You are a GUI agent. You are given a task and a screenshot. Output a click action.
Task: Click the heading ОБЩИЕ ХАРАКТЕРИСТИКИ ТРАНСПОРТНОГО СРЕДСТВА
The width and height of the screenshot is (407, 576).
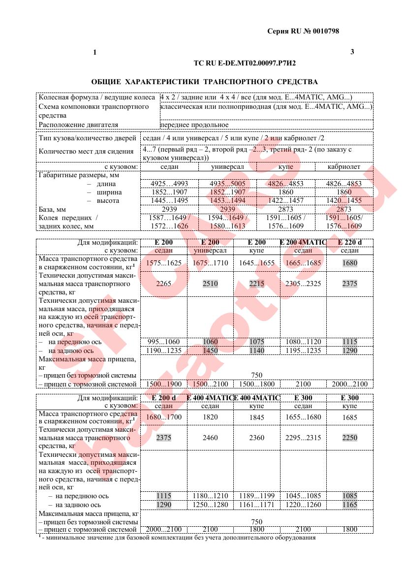click(x=205, y=81)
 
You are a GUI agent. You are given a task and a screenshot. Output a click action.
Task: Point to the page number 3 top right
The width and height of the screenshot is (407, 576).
click(x=352, y=52)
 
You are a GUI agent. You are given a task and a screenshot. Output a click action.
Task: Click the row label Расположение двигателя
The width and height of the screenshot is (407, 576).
click(x=79, y=125)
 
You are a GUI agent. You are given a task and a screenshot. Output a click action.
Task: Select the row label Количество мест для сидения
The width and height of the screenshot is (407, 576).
click(x=86, y=152)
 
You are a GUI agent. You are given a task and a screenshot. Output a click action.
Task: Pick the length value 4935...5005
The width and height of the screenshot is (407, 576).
click(x=227, y=184)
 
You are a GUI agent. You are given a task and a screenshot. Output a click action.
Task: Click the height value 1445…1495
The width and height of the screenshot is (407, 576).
click(x=169, y=201)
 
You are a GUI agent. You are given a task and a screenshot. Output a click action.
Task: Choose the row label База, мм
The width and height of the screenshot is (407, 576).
click(x=52, y=210)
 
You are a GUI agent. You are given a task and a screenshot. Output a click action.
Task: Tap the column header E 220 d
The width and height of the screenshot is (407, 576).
click(x=350, y=242)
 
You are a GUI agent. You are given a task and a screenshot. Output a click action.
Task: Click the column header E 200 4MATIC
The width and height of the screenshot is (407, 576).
click(x=303, y=242)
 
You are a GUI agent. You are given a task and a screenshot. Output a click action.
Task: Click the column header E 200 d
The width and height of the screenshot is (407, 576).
click(x=164, y=398)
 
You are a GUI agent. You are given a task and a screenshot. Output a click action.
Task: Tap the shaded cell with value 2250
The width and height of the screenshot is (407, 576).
click(x=349, y=438)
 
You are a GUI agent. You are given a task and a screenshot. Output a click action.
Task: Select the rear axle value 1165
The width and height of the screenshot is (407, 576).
click(x=349, y=505)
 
